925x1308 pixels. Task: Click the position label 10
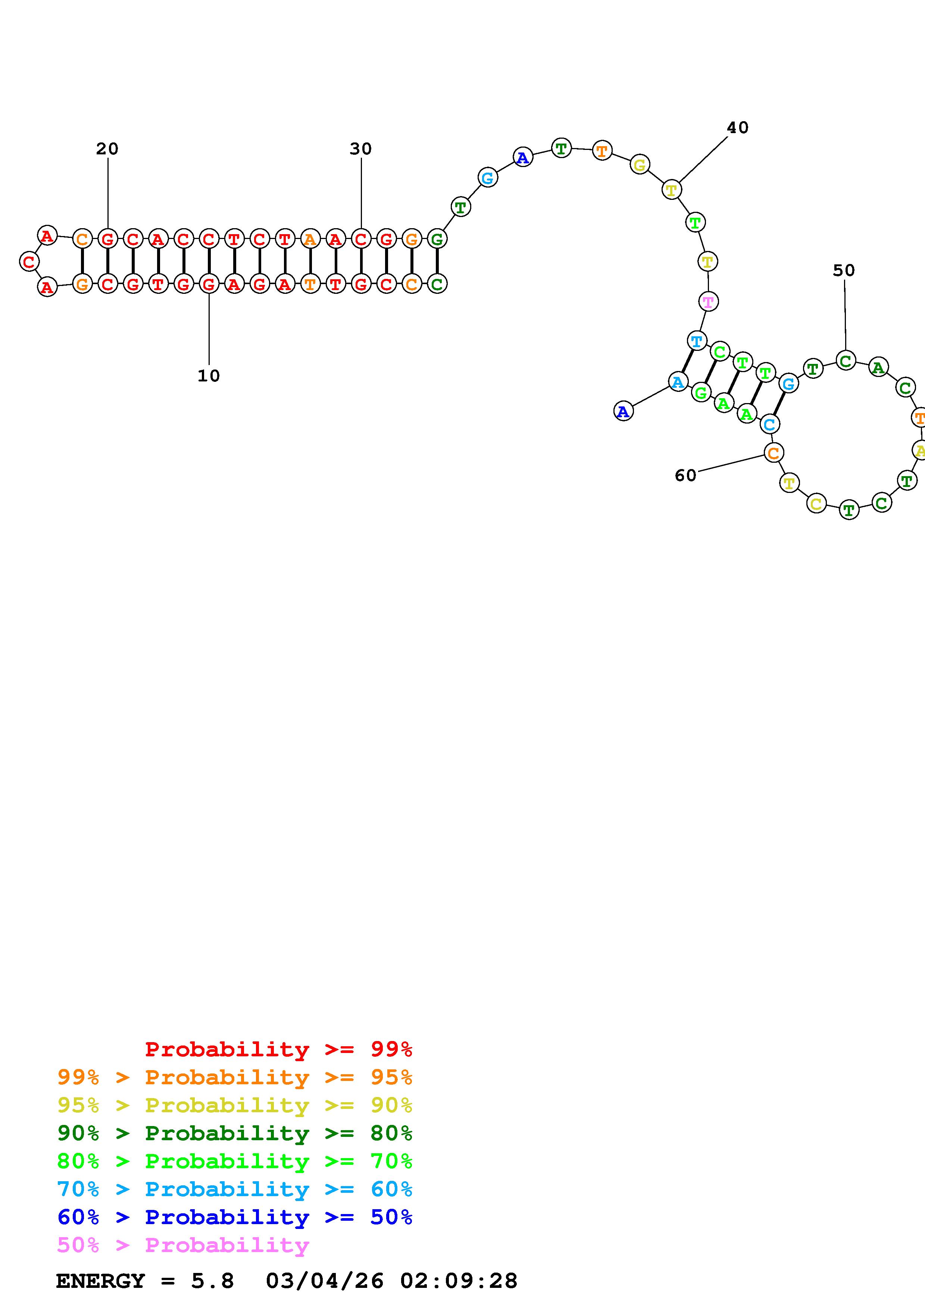coord(209,376)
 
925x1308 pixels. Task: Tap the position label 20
coord(107,149)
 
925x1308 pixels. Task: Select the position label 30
coord(361,149)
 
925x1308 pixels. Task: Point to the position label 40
coord(737,128)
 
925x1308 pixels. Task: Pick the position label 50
coord(844,271)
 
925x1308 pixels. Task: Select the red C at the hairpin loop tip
coord(29,261)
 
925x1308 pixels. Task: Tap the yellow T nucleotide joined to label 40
coord(671,190)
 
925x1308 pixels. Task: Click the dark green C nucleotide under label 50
coord(846,361)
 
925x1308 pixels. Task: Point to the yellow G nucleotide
coord(640,165)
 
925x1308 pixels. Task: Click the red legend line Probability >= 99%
coord(279,1049)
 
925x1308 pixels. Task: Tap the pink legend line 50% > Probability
coord(183,1245)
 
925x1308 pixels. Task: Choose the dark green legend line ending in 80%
coord(235,1133)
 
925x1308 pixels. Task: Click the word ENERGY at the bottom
coord(100,1281)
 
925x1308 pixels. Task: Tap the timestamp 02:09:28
coord(459,1281)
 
